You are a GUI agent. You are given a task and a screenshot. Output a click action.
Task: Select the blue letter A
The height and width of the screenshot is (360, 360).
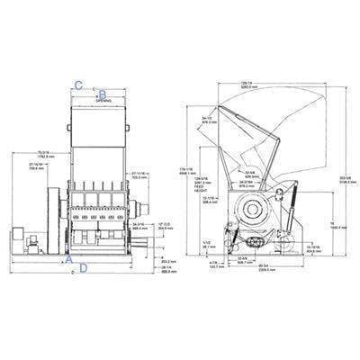tap(70, 257)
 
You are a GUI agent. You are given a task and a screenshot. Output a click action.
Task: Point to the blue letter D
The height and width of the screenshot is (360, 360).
tap(84, 267)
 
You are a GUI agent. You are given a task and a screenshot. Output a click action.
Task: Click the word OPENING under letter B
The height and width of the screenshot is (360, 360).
tap(103, 101)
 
